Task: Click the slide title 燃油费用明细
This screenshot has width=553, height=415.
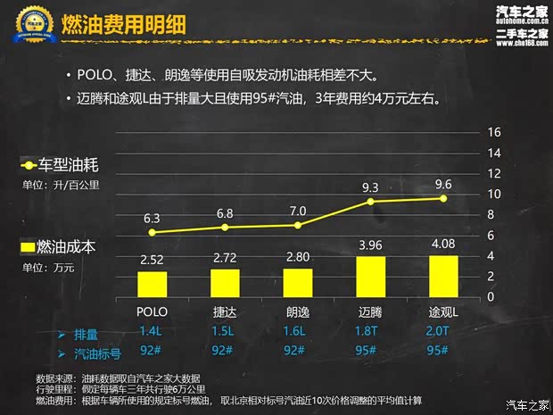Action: tap(123, 26)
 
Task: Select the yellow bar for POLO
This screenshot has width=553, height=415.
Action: tap(152, 284)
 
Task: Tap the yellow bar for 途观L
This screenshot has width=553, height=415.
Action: tap(444, 277)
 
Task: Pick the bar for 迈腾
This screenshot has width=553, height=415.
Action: tap(371, 278)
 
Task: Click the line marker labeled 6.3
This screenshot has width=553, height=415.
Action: tap(152, 232)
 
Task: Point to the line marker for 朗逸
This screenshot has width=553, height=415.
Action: tap(298, 225)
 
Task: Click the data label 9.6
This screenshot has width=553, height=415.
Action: tap(444, 184)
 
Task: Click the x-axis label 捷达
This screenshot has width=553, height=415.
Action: tap(225, 312)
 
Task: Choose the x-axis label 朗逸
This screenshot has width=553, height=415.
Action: tap(298, 312)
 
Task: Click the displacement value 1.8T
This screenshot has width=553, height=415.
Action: tap(371, 332)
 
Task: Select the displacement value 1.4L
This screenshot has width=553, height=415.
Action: tap(152, 332)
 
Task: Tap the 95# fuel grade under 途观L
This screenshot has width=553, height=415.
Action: tap(444, 351)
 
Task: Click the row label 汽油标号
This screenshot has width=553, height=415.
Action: tap(101, 352)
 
